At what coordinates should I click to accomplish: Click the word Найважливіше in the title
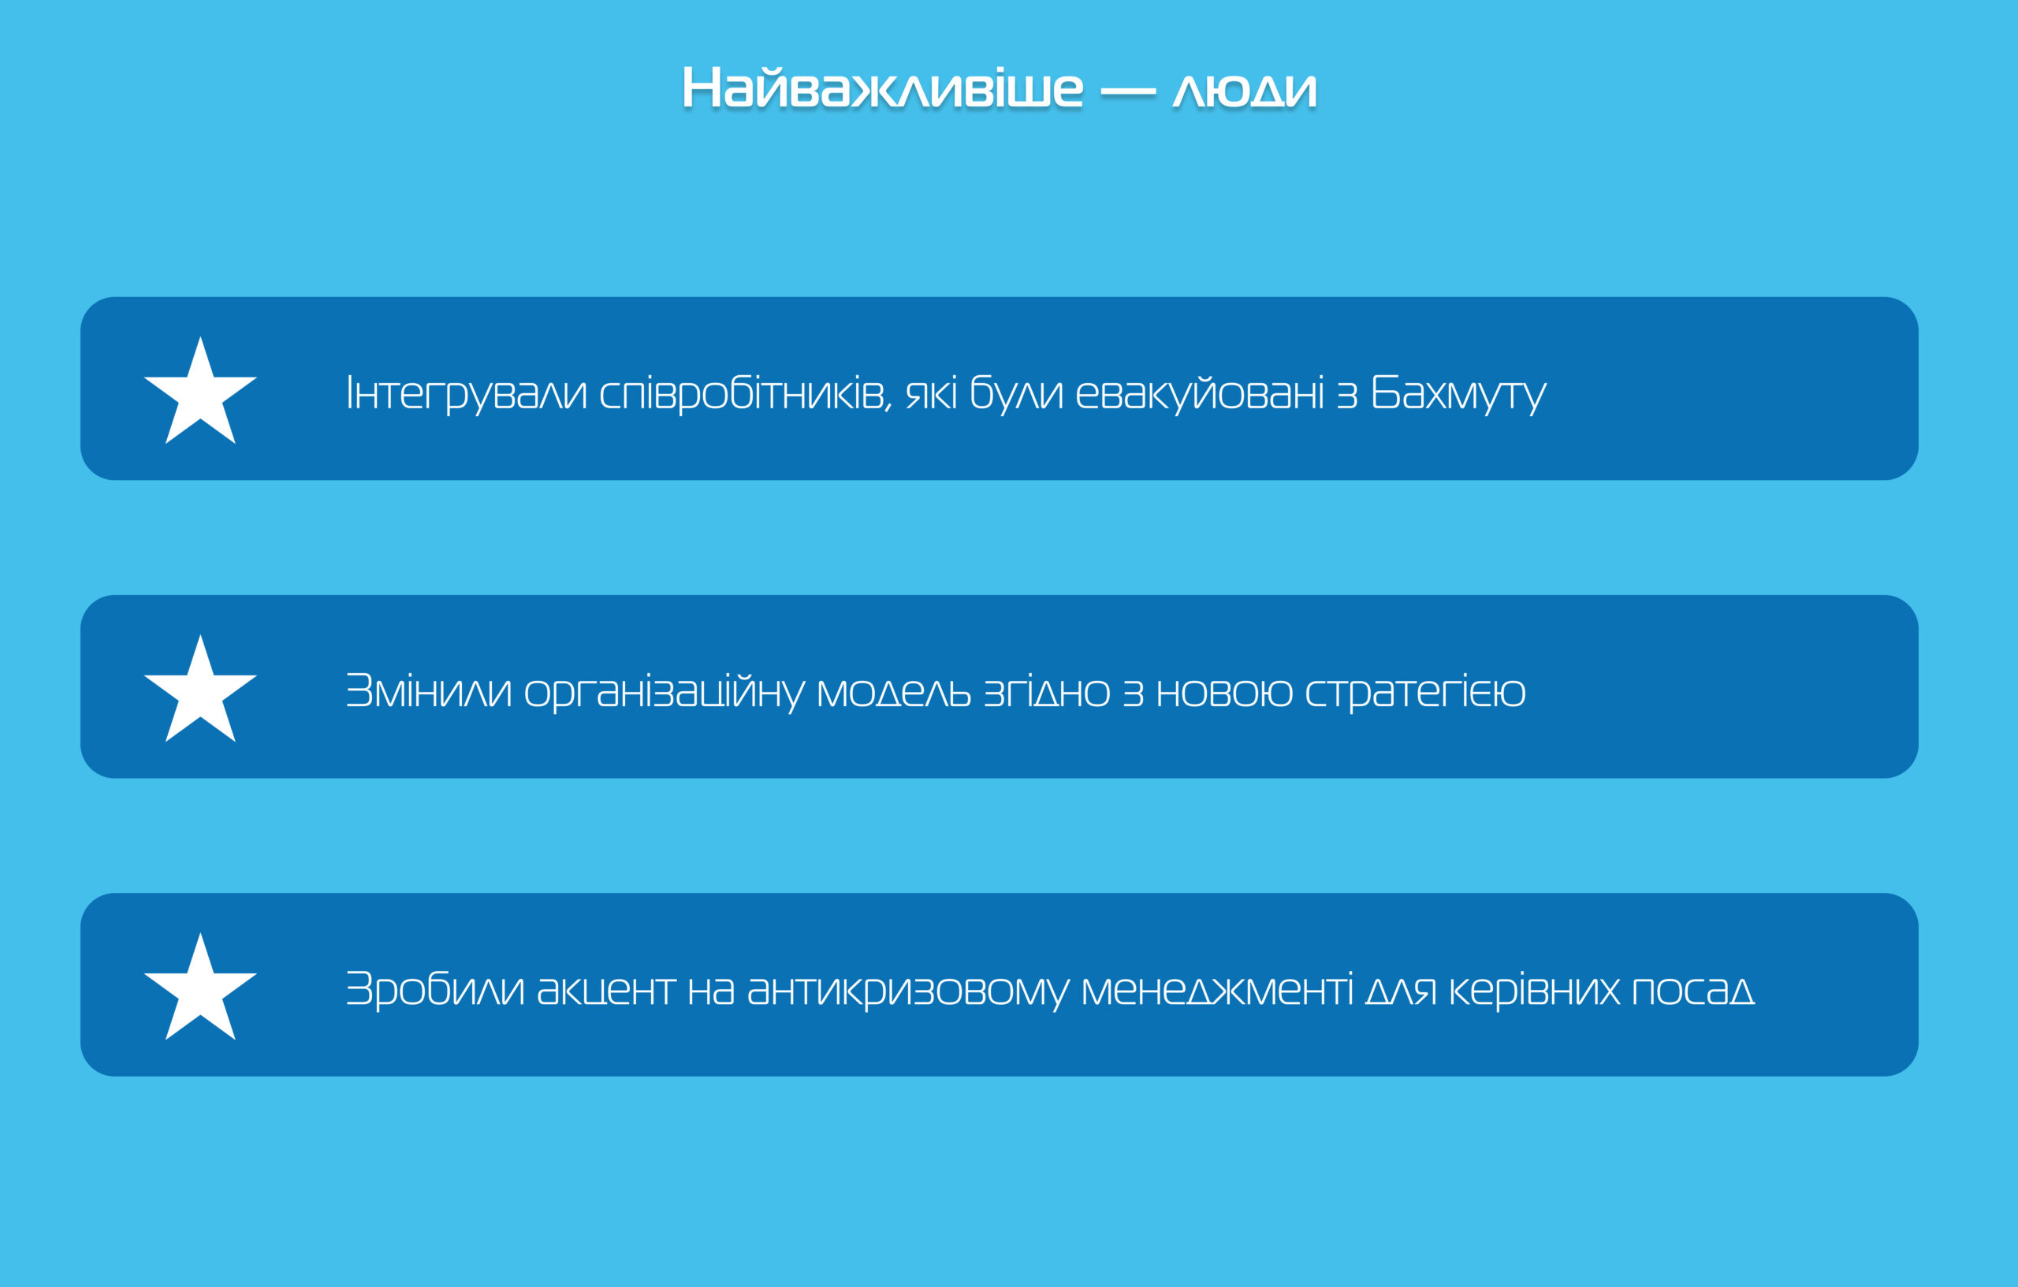coord(882,88)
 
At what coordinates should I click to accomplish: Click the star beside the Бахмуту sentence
coord(200,390)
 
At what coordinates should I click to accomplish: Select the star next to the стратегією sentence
coord(200,689)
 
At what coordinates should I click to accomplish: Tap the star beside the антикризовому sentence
coord(200,987)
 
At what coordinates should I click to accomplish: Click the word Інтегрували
coord(467,394)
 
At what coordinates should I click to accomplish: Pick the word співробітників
coord(746,394)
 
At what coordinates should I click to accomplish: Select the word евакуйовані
coord(1199,392)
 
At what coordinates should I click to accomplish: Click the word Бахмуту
coord(1458,394)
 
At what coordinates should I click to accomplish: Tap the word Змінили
coord(428,691)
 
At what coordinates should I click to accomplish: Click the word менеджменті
coord(1217,991)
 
